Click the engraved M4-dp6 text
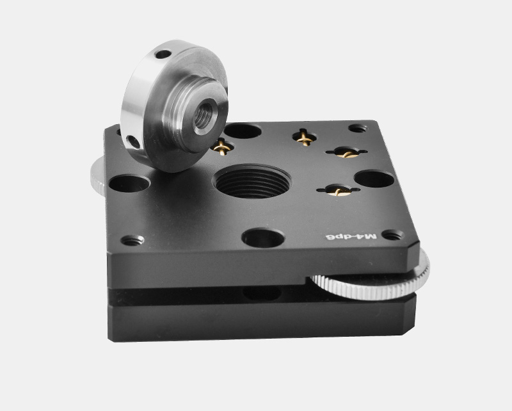tap(351, 237)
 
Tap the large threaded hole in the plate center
tap(252, 181)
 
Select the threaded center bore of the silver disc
tap(205, 116)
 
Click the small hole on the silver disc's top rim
tap(163, 54)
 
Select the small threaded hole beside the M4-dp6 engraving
tap(393, 234)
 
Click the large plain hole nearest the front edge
tap(263, 238)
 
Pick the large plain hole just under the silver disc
tap(130, 183)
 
